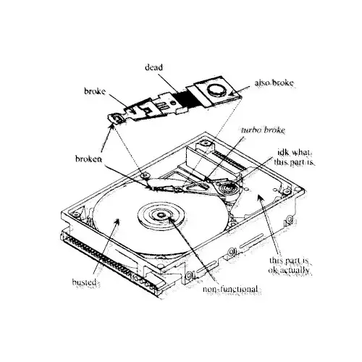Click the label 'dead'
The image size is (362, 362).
click(153, 67)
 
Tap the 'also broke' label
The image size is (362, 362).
click(274, 83)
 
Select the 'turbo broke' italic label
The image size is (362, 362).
click(263, 130)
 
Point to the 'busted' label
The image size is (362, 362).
click(85, 282)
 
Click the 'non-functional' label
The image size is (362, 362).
click(230, 289)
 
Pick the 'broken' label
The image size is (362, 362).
click(88, 159)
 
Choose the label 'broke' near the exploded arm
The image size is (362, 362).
click(95, 91)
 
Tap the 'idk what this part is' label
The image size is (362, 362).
click(295, 157)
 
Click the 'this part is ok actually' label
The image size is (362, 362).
click(289, 265)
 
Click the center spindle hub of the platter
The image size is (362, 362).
click(161, 215)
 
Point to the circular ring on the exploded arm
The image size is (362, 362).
click(216, 90)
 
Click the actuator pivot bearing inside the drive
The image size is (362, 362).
click(227, 187)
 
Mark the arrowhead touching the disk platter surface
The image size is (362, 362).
click(117, 222)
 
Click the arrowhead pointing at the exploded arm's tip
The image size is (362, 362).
click(111, 128)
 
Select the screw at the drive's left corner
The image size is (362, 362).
click(76, 214)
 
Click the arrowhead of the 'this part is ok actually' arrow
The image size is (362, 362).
click(259, 198)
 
